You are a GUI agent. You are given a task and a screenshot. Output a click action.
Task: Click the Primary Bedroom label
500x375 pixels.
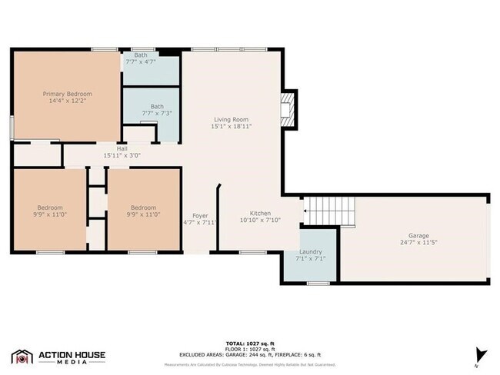66,94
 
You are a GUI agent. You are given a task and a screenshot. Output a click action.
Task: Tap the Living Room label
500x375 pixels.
231,119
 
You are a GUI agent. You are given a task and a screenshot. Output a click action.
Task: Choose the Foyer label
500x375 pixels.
200,216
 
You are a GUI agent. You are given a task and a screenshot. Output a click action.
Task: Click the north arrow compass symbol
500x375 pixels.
482,354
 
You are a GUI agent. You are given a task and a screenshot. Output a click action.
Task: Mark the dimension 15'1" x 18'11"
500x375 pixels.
231,126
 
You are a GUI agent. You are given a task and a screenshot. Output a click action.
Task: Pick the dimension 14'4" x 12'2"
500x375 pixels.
66,101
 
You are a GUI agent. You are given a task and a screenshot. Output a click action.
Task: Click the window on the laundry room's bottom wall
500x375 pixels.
318,284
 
